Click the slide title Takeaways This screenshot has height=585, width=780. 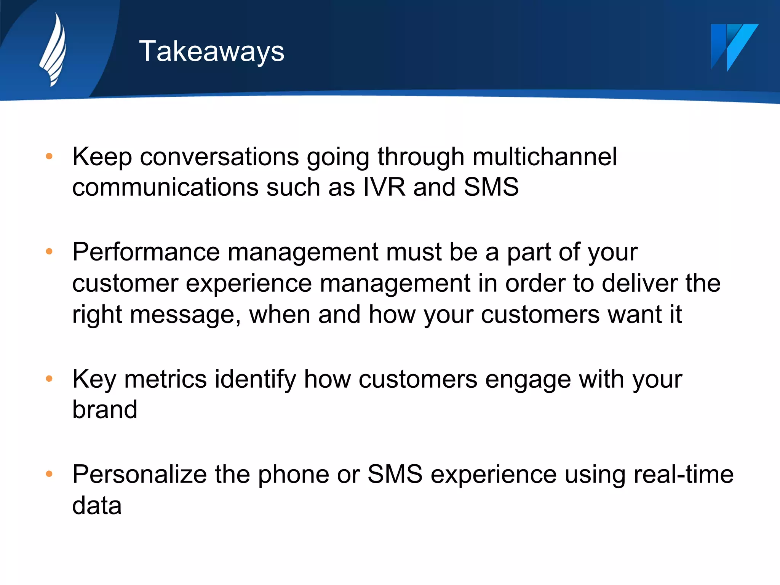click(x=211, y=51)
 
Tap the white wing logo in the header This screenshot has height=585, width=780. click(x=53, y=50)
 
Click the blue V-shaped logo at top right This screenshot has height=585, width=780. click(x=734, y=47)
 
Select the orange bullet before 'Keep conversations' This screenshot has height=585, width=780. click(x=49, y=156)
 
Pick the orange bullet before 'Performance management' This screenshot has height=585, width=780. click(x=49, y=251)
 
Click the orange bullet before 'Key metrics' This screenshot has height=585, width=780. click(x=49, y=379)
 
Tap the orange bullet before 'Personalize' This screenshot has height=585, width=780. click(x=49, y=474)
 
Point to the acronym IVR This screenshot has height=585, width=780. click(x=384, y=187)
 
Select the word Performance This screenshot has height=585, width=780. click(x=146, y=252)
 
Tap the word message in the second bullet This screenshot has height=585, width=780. click(x=185, y=315)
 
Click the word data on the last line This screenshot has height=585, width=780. click(x=97, y=505)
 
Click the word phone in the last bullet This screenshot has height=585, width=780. click(x=293, y=474)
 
